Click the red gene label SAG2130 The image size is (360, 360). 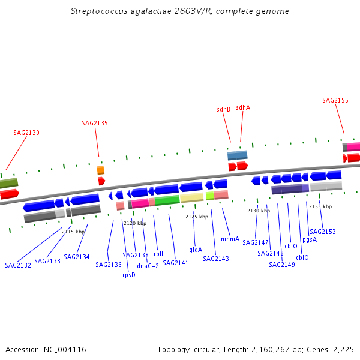click(26, 133)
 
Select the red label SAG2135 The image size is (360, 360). click(95, 123)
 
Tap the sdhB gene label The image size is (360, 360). click(224, 109)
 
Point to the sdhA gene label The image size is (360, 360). click(243, 107)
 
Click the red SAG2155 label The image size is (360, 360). click(335, 100)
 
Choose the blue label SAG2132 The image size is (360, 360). click(18, 265)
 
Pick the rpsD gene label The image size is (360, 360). click(129, 275)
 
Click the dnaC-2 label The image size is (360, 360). click(148, 266)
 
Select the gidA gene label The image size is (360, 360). click(196, 250)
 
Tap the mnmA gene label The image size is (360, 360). click(230, 239)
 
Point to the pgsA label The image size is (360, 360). click(310, 239)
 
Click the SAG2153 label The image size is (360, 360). click(323, 232)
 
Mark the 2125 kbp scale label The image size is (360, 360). click(197, 217)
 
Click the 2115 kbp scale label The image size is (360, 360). click(73, 231)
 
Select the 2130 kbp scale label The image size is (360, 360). click(259, 211)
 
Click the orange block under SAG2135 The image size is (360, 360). click(101, 170)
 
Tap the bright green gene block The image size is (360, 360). click(167, 200)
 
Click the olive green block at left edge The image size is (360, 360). click(8, 183)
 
